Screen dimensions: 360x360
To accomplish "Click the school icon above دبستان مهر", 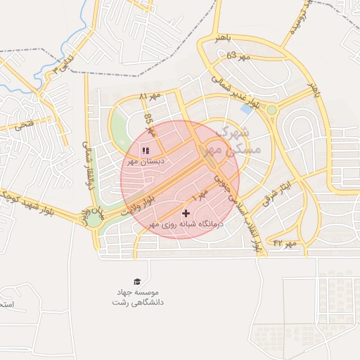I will click(x=146, y=150).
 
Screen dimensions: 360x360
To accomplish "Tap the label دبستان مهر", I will click(x=146, y=161).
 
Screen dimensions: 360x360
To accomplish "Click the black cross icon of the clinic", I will click(x=186, y=213).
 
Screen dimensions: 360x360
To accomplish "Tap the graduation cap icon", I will click(x=137, y=281).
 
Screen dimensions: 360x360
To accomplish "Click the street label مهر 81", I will click(x=150, y=95).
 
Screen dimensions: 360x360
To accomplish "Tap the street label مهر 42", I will click(x=286, y=243).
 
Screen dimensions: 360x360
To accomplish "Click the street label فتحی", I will click(x=23, y=125).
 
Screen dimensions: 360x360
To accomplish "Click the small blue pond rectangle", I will click(x=247, y=109).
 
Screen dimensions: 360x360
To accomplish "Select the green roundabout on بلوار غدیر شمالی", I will click(x=272, y=110).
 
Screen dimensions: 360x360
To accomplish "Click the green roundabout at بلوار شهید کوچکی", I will click(x=94, y=220).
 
